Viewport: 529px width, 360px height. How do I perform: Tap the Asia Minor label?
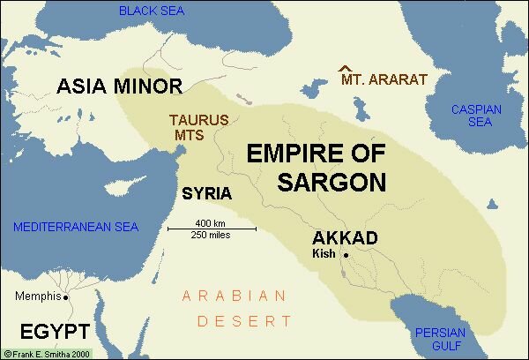pyautogui.click(x=119, y=86)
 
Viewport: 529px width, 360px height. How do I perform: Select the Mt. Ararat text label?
pyautogui.click(x=384, y=80)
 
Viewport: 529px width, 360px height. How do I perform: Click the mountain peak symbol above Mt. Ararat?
pyautogui.click(x=346, y=68)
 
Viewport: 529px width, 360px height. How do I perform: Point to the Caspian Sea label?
pyautogui.click(x=476, y=116)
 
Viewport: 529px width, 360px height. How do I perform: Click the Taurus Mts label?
pyautogui.click(x=199, y=127)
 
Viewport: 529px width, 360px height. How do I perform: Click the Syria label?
pyautogui.click(x=205, y=192)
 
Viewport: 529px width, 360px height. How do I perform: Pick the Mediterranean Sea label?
pyautogui.click(x=76, y=227)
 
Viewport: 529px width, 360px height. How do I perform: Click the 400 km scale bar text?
pyautogui.click(x=212, y=222)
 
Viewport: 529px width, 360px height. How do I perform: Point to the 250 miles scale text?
pyautogui.click(x=212, y=235)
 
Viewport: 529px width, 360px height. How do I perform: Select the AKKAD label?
pyautogui.click(x=345, y=238)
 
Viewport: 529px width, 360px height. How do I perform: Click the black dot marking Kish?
pyautogui.click(x=346, y=255)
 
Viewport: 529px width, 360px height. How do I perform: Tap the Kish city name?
pyautogui.click(x=326, y=254)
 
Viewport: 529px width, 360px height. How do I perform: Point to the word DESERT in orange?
pyautogui.click(x=244, y=322)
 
